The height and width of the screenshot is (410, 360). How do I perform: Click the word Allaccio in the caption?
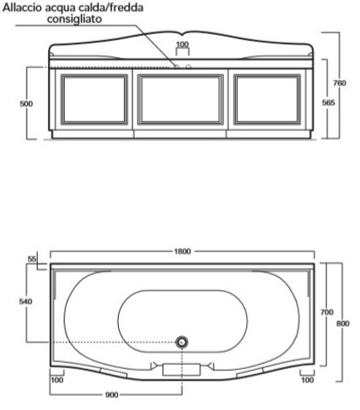[27, 8]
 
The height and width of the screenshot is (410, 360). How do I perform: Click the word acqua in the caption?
[68, 8]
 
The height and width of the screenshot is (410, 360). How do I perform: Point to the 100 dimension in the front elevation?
[182, 44]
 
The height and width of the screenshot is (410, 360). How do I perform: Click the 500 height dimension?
[27, 102]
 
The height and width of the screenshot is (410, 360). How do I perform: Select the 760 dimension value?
[339, 83]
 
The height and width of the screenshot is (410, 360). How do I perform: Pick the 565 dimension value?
[328, 102]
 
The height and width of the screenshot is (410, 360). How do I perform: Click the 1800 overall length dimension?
[182, 251]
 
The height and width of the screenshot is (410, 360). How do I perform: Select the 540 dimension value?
[27, 302]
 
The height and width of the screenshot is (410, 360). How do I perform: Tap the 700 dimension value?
[327, 313]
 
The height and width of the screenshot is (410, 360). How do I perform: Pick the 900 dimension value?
[112, 395]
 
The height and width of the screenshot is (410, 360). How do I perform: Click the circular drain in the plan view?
[181, 343]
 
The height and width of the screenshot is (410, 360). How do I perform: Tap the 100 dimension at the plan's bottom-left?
[57, 380]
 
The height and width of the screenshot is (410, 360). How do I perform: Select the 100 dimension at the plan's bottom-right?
[305, 380]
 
